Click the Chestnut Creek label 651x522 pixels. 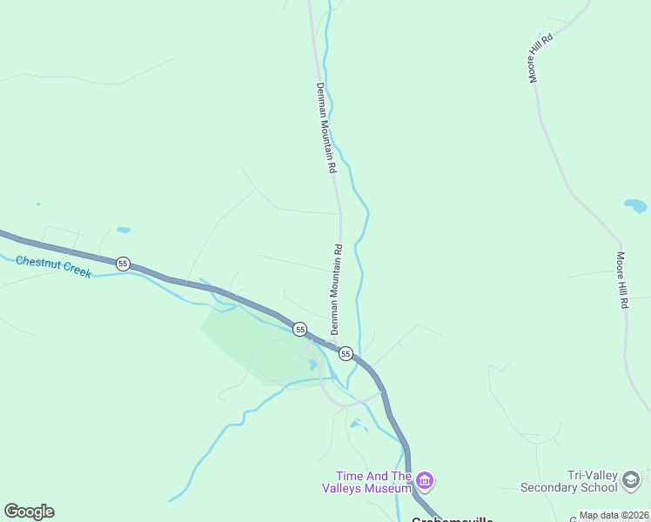53,266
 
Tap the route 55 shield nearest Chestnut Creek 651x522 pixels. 124,263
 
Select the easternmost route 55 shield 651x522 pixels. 346,353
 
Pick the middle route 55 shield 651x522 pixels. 299,329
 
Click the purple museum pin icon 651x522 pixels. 425,480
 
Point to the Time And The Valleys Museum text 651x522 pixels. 374,481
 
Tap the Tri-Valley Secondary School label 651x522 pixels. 568,481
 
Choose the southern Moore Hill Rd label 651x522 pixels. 622,280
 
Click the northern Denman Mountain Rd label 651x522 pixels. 325,128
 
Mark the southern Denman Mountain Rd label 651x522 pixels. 336,289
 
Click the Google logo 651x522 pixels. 29,512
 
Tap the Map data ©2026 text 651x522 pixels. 614,515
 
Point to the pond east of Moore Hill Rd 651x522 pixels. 635,206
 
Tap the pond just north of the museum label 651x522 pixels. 355,424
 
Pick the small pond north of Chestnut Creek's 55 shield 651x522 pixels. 124,231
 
